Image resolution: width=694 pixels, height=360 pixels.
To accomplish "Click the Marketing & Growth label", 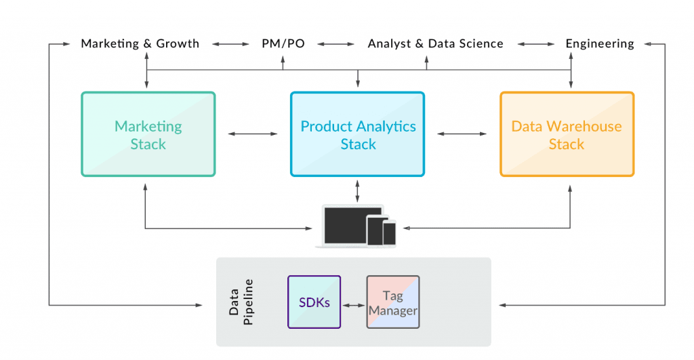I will tap(140, 44).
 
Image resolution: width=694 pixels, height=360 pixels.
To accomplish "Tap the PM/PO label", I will tap(283, 44).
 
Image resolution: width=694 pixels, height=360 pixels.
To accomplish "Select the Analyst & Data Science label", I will tap(435, 44).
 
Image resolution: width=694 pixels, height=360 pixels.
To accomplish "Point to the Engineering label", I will tap(600, 44).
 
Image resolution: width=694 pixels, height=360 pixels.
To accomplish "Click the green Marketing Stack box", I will tap(148, 134).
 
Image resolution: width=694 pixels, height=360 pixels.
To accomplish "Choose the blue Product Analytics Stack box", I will tap(358, 134).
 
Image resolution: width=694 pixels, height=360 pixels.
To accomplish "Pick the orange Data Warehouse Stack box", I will tap(567, 134).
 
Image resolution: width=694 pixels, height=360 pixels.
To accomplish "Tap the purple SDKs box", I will tap(314, 302).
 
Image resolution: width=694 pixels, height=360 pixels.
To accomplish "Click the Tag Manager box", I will tap(392, 302).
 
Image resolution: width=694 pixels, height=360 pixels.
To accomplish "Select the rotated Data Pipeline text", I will tap(240, 302).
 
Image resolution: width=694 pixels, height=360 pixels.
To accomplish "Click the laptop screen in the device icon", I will tap(344, 224).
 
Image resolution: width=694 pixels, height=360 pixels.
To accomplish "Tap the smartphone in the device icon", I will tap(389, 233).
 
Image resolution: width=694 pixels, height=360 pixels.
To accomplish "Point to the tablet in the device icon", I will tap(375, 230).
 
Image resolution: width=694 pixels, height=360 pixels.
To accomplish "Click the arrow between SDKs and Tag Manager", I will tap(353, 306).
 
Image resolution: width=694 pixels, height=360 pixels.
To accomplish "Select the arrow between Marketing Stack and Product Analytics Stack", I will tap(253, 134).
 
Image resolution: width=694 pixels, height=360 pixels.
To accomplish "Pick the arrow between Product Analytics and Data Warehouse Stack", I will tap(462, 134).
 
